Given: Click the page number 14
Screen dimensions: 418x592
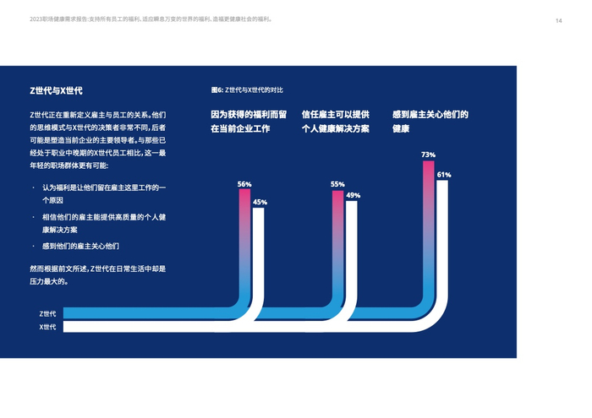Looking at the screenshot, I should pyautogui.click(x=558, y=21).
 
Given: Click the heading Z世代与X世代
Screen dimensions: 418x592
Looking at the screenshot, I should pyautogui.click(x=56, y=90).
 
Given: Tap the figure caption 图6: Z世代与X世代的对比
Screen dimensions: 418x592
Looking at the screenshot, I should pyautogui.click(x=247, y=90).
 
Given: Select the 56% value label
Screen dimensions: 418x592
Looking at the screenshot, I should pyautogui.click(x=244, y=184).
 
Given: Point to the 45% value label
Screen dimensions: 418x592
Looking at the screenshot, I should pyautogui.click(x=260, y=202).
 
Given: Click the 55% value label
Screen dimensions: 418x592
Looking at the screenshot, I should pyautogui.click(x=337, y=184).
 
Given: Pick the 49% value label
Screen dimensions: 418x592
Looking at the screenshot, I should pyautogui.click(x=353, y=195).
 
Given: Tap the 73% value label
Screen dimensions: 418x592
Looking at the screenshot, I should pyautogui.click(x=428, y=155).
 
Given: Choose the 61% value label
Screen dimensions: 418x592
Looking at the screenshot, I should pyautogui.click(x=443, y=175).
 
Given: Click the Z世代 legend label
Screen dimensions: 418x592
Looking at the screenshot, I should pyautogui.click(x=47, y=313).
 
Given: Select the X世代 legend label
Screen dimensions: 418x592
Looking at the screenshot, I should pyautogui.click(x=47, y=327).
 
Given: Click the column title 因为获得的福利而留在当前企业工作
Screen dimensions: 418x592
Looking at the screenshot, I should pyautogui.click(x=249, y=122).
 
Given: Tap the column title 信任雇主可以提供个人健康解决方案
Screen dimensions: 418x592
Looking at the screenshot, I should pyautogui.click(x=336, y=122).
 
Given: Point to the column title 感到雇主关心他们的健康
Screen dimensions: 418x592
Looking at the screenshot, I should pyautogui.click(x=430, y=122).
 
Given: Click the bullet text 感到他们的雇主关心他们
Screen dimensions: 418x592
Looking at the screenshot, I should pyautogui.click(x=80, y=246).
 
